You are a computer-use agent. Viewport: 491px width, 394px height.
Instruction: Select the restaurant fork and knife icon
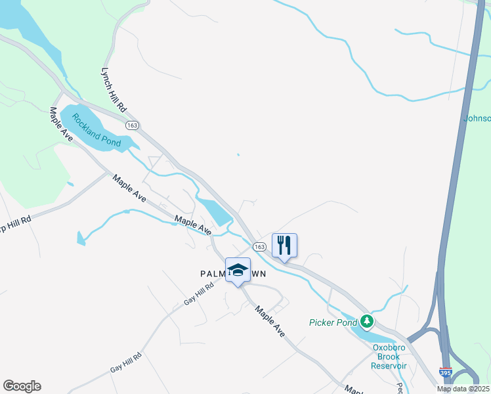point(284,246)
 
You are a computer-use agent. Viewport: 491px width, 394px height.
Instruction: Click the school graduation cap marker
point(238,270)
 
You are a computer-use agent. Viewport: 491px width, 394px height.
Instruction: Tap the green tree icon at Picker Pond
point(368,322)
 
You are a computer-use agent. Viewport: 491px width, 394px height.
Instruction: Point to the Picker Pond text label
point(333,322)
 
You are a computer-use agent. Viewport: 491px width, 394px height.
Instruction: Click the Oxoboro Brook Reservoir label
point(390,357)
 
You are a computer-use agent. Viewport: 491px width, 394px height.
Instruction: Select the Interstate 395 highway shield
point(446,372)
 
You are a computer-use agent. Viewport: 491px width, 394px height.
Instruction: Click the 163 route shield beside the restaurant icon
point(259,246)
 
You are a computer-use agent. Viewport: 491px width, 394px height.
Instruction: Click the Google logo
point(22,386)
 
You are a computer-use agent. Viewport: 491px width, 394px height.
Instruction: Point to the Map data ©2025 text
point(462,389)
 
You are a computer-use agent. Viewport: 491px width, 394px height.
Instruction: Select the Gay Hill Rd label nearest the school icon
point(199,294)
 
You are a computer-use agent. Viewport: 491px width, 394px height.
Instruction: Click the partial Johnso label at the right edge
point(477,119)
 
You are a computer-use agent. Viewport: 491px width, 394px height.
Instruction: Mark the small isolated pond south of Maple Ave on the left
point(80,238)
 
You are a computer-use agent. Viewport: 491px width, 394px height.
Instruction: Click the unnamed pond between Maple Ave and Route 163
point(215,211)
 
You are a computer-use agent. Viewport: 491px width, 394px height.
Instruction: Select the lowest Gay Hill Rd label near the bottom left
point(125,361)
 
